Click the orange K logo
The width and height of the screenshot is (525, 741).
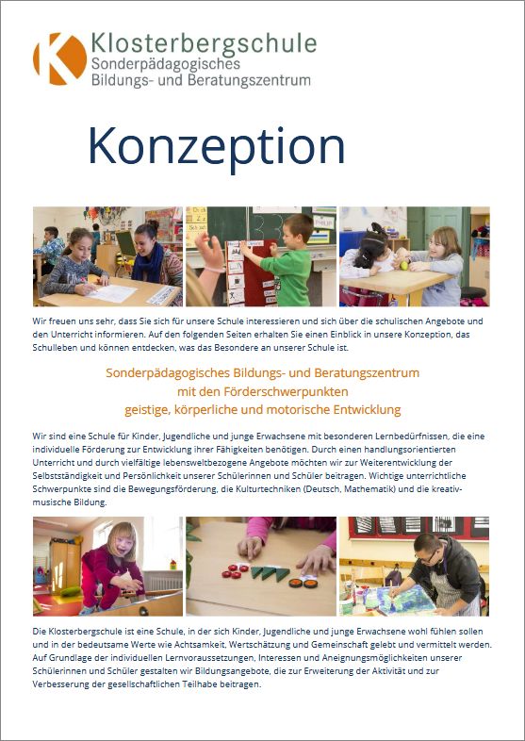pos(58,58)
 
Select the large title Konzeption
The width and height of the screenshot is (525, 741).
pos(204,147)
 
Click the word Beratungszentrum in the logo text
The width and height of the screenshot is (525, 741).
pos(260,81)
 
